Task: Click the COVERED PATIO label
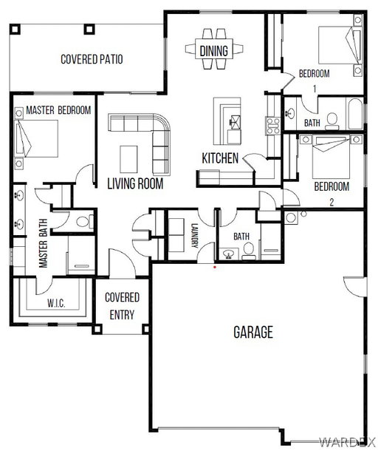click(92, 59)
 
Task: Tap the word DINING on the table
click(213, 51)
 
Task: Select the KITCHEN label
click(220, 158)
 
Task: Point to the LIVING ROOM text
click(135, 184)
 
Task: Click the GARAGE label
click(253, 332)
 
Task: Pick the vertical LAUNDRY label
click(194, 236)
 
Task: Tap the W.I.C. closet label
click(56, 303)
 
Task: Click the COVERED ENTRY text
click(122, 306)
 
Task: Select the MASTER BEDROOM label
click(58, 110)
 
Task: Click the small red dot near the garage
click(215, 267)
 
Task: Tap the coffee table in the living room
click(128, 160)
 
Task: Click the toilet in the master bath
click(84, 222)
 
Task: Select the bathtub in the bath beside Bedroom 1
click(356, 114)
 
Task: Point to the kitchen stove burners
click(273, 126)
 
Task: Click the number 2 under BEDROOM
click(331, 202)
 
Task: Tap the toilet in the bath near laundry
click(248, 251)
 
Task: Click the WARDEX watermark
click(348, 442)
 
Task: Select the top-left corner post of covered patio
click(15, 30)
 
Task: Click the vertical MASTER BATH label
click(43, 243)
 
